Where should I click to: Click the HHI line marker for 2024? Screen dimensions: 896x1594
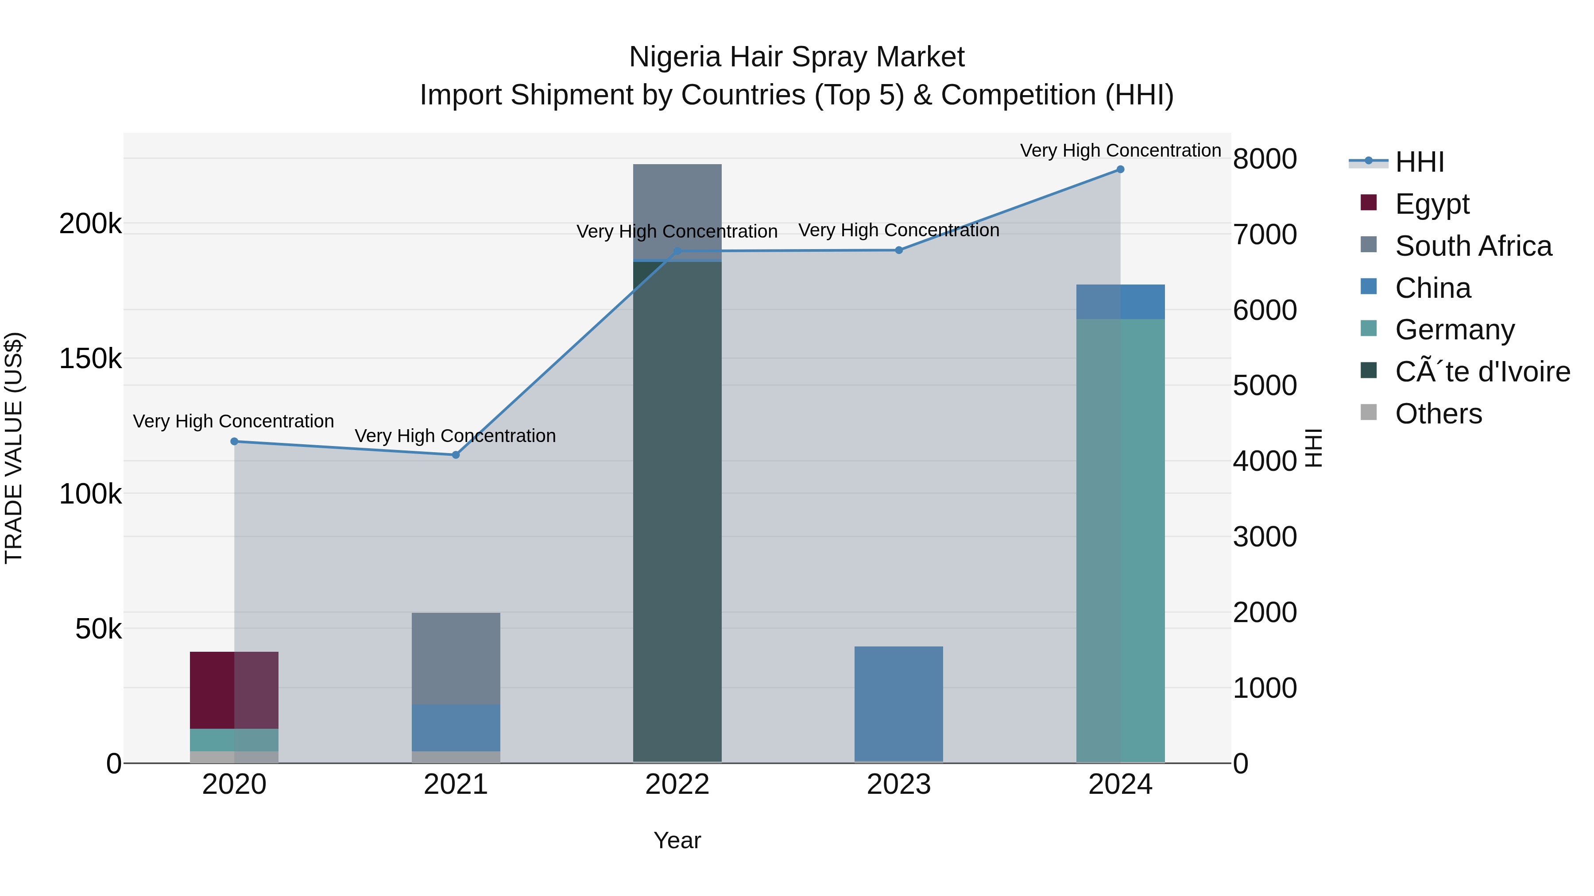(1120, 169)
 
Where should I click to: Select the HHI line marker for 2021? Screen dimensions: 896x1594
(456, 455)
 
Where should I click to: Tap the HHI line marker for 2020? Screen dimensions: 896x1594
(234, 442)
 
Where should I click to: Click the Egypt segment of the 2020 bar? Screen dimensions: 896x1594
(234, 690)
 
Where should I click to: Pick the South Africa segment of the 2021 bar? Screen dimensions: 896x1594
(456, 658)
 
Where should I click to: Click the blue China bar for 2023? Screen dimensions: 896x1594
(898, 704)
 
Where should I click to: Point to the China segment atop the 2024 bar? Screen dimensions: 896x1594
(1120, 302)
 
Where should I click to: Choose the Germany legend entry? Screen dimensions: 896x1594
(1454, 330)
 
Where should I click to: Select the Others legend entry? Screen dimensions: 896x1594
(1438, 414)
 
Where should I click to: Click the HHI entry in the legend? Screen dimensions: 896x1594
(1420, 162)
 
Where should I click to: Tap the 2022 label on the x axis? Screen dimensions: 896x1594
(677, 784)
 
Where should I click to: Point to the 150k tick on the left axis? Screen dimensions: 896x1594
(90, 359)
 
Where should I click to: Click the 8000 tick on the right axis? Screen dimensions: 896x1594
(1265, 159)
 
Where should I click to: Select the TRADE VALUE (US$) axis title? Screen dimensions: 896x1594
(14, 448)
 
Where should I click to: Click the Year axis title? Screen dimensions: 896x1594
(677, 840)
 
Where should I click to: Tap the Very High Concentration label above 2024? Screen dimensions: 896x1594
(1120, 150)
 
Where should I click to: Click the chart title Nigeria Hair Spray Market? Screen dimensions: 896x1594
(797, 57)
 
